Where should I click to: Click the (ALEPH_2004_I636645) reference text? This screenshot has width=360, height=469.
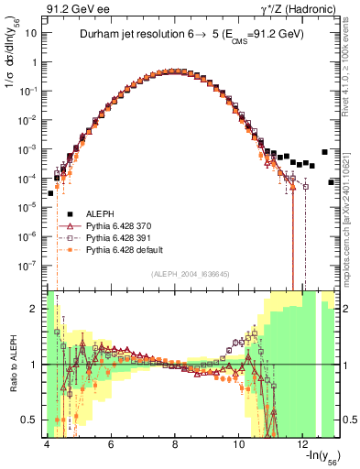click(176, 273)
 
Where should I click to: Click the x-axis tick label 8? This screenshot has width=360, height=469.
click(174, 443)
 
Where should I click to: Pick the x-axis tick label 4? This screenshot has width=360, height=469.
click(47, 443)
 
